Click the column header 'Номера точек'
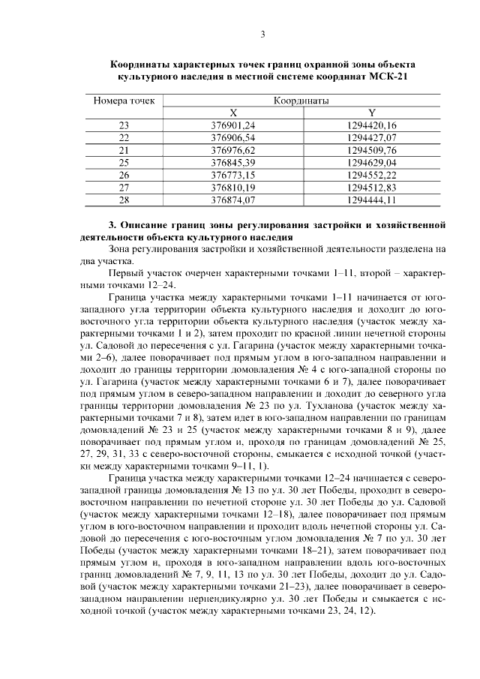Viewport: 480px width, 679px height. click(x=124, y=100)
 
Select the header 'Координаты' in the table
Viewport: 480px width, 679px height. click(x=300, y=100)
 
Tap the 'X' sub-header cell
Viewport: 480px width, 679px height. click(x=233, y=112)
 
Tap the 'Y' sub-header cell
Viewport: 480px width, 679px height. click(x=372, y=112)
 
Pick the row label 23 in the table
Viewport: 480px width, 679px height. click(x=124, y=125)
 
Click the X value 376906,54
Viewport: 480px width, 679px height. click(x=233, y=137)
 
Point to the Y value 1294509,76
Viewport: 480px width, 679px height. click(x=372, y=150)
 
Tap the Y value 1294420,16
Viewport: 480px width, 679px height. click(x=372, y=125)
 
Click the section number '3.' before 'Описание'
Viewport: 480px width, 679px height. click(x=113, y=224)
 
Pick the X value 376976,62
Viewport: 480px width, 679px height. click(x=233, y=150)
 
